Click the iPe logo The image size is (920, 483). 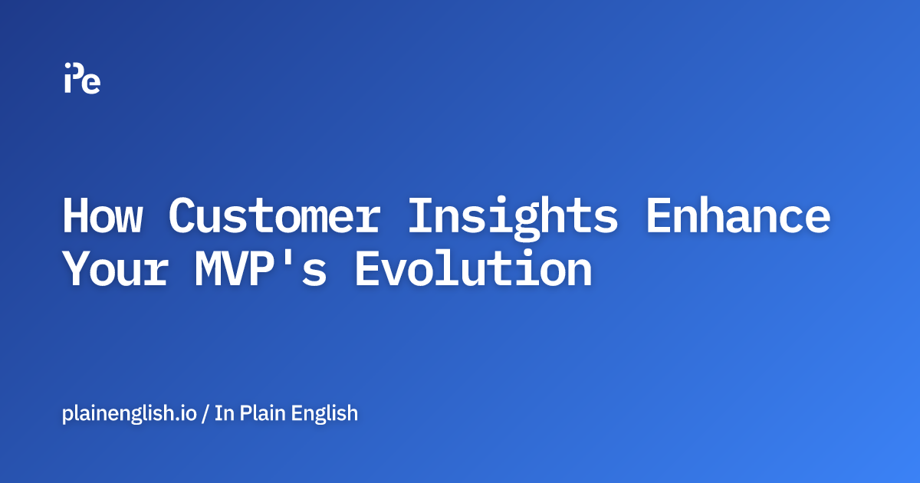click(x=82, y=77)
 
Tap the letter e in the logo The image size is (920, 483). click(x=92, y=84)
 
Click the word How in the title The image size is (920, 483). click(x=102, y=216)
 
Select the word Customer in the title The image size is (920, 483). click(x=274, y=216)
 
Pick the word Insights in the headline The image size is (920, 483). click(x=512, y=216)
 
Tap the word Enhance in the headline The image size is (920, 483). click(x=738, y=216)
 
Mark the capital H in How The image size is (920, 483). click(x=77, y=216)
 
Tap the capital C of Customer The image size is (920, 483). click(x=183, y=216)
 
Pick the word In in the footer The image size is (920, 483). click(x=223, y=413)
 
